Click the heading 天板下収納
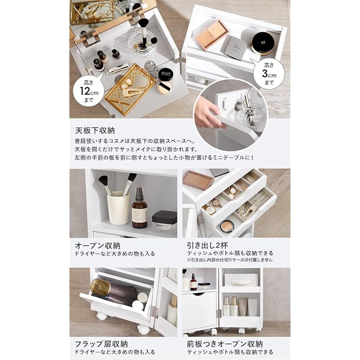point(95,131)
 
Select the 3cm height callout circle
point(269,73)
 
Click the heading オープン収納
point(98,246)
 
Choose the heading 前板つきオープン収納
point(225,344)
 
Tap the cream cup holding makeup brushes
point(118,207)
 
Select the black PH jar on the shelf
point(164,221)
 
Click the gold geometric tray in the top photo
point(130,89)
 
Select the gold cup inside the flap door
point(100,288)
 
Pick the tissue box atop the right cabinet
point(241,280)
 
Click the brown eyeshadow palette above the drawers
point(198,180)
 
